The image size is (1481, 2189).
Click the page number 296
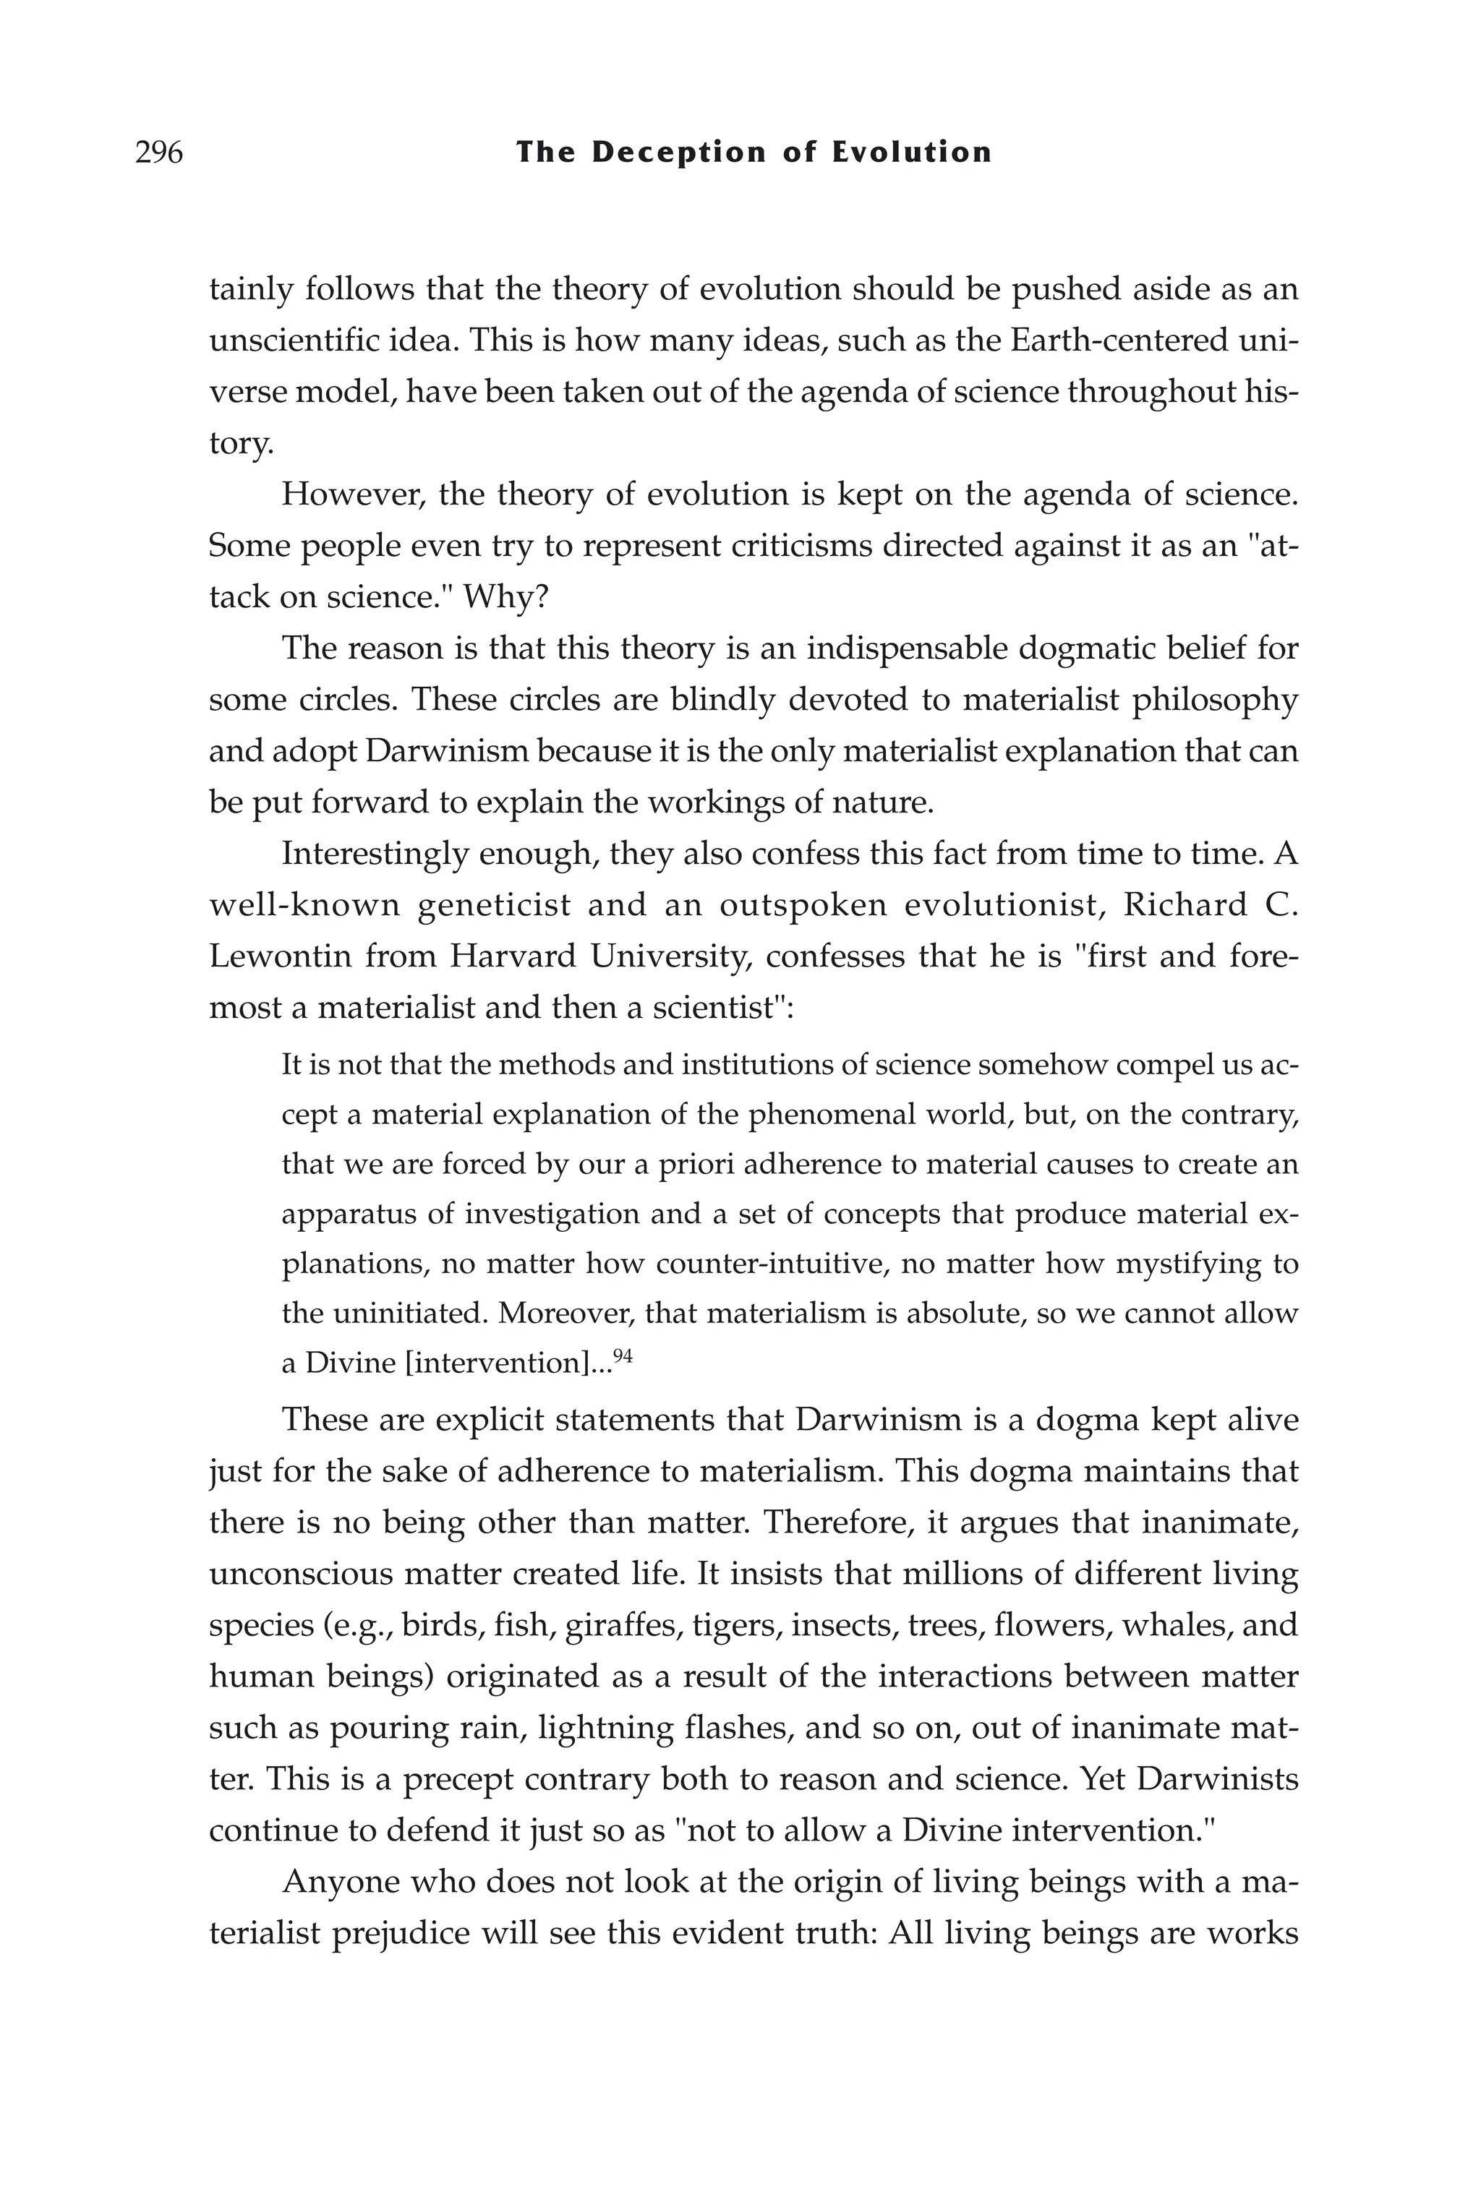point(158,152)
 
